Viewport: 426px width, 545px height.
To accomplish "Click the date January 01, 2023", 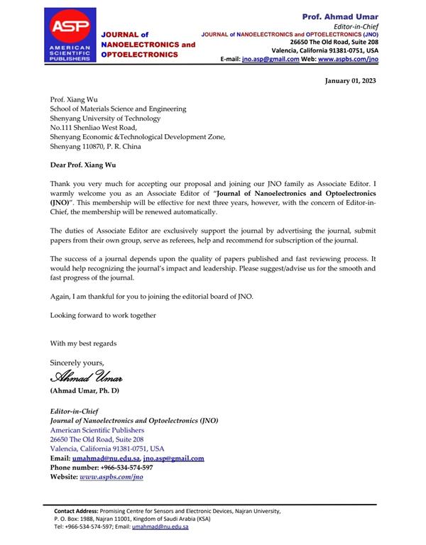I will (x=351, y=81).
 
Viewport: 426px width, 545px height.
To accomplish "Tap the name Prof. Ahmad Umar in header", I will (x=340, y=16).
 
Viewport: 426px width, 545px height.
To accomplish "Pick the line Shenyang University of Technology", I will (x=105, y=119).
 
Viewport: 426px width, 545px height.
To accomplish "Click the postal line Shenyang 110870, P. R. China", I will (x=96, y=147).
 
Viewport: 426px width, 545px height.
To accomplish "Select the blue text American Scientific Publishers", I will (x=97, y=430).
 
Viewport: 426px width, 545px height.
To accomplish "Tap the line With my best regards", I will (x=83, y=343).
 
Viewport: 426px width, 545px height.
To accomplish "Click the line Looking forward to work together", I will (x=103, y=314).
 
